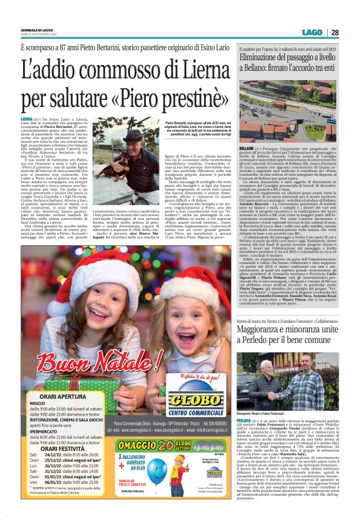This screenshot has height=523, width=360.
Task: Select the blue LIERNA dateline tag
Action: tap(27, 117)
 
